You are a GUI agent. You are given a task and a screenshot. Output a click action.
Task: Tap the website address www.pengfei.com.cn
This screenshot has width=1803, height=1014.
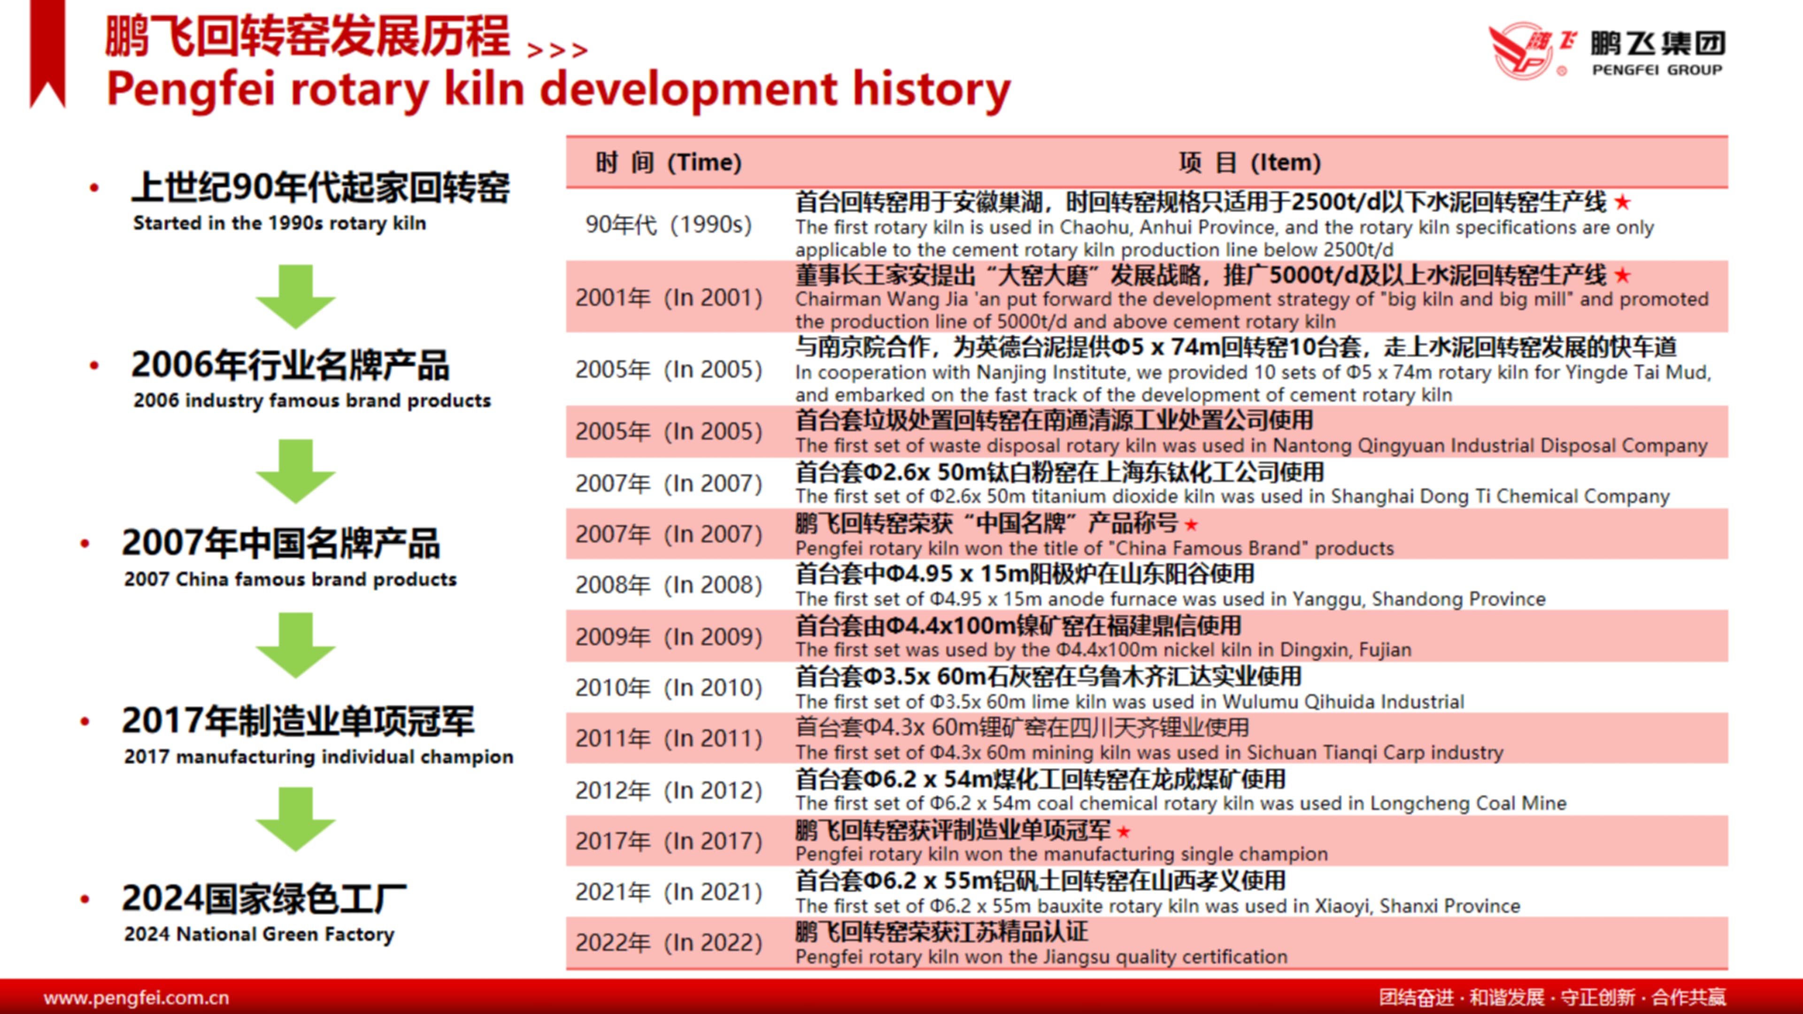click(137, 997)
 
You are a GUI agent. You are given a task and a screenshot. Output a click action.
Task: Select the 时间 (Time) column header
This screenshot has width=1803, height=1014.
click(669, 162)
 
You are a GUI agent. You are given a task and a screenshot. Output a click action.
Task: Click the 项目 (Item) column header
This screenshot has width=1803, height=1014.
click(1250, 162)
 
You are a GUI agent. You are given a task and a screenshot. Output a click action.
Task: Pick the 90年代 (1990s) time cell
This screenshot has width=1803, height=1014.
click(669, 225)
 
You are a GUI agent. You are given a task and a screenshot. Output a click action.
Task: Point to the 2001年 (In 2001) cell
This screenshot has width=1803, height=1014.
click(669, 298)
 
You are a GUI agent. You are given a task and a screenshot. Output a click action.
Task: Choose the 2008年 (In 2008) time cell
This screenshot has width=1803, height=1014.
click(669, 584)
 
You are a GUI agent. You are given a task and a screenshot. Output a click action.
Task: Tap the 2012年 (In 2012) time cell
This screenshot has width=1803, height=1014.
click(669, 790)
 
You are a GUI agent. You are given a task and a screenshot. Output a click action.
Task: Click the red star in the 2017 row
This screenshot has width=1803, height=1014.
click(1124, 832)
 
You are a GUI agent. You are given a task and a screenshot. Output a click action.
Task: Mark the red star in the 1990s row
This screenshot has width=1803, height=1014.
click(1622, 202)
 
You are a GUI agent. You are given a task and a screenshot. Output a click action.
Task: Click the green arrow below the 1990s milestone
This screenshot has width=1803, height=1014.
click(295, 297)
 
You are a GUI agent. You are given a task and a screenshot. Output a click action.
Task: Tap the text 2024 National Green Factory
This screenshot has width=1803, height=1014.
click(260, 934)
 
